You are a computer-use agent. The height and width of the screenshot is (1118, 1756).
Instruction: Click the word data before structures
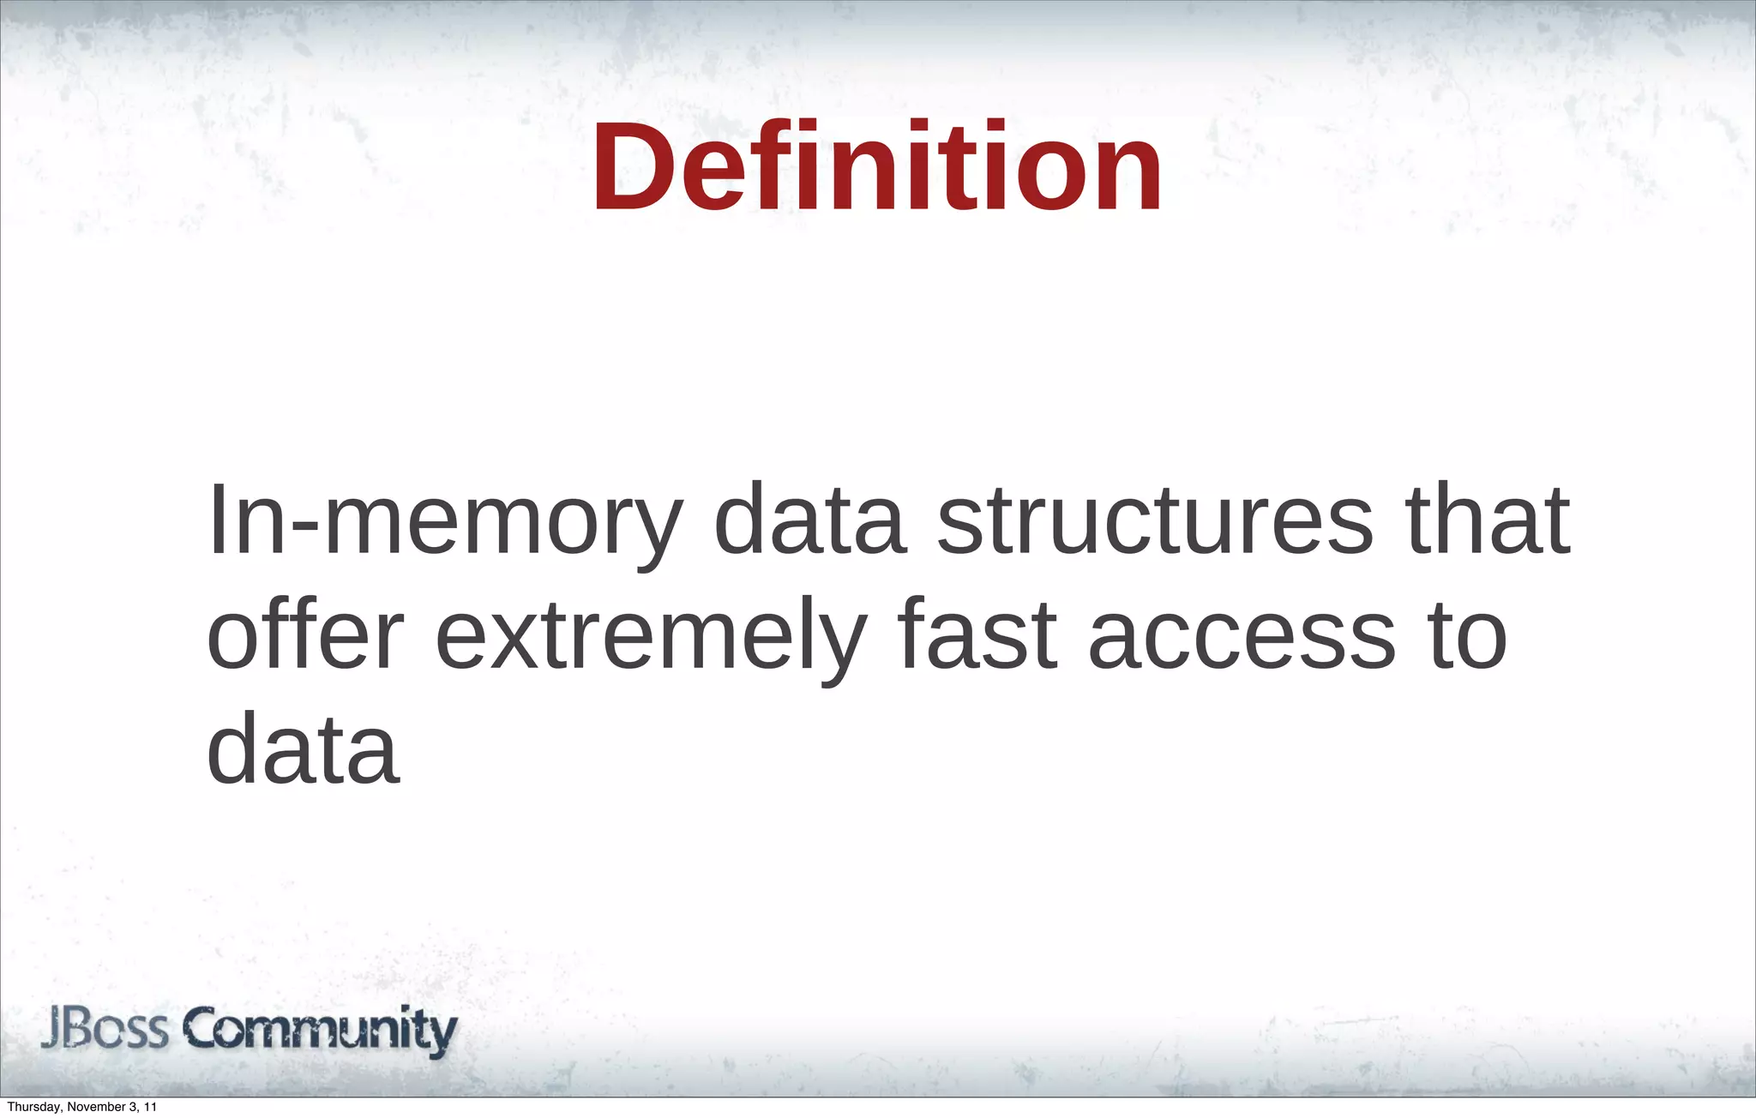pyautogui.click(x=809, y=520)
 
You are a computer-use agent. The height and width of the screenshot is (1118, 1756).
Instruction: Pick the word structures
pyautogui.click(x=1156, y=520)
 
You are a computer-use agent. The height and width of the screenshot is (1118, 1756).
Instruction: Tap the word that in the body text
pyautogui.click(x=1487, y=520)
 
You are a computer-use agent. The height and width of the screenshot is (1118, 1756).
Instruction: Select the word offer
pyautogui.click(x=305, y=635)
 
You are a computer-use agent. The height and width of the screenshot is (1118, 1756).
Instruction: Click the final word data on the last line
pyautogui.click(x=304, y=749)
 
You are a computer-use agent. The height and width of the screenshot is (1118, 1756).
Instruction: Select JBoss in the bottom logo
pyautogui.click(x=105, y=1031)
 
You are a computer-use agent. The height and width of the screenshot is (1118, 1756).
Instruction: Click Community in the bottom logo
pyautogui.click(x=322, y=1031)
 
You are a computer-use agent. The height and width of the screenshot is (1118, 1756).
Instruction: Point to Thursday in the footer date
pyautogui.click(x=31, y=1107)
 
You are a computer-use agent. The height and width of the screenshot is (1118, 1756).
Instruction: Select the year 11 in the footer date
pyautogui.click(x=150, y=1107)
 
